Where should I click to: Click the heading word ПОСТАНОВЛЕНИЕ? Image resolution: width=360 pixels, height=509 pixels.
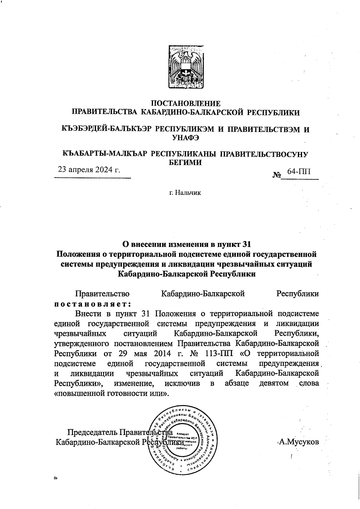185,104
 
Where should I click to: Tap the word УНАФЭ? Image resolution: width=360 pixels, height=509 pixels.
185,138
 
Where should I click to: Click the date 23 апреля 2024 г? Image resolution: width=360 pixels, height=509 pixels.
89,170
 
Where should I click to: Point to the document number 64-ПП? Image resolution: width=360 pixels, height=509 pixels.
299,172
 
